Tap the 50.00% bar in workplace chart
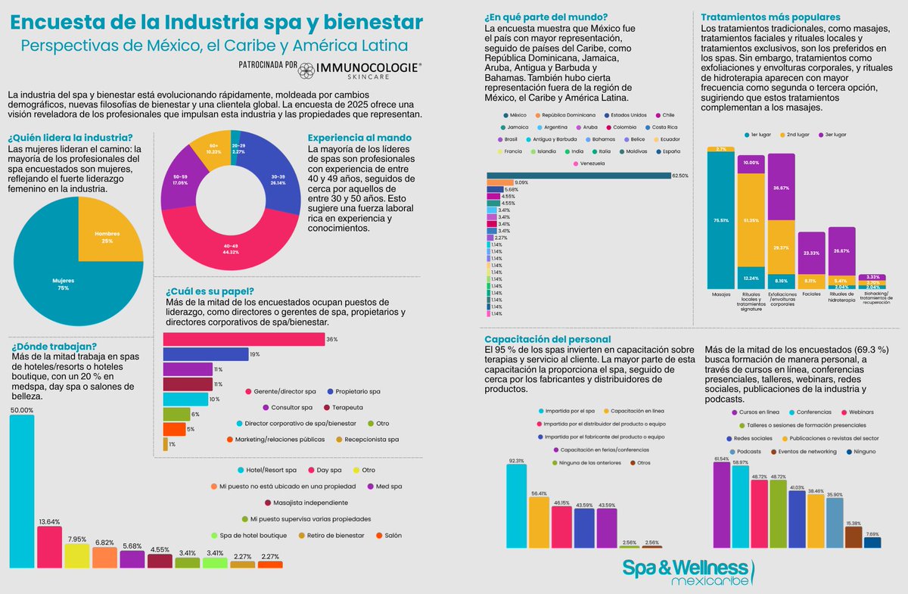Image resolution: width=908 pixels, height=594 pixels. click(x=21, y=492)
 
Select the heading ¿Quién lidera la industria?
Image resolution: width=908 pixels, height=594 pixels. click(x=70, y=138)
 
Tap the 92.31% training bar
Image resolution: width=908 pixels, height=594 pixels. click(x=516, y=505)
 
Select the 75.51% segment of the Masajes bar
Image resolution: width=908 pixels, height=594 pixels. click(x=720, y=219)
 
